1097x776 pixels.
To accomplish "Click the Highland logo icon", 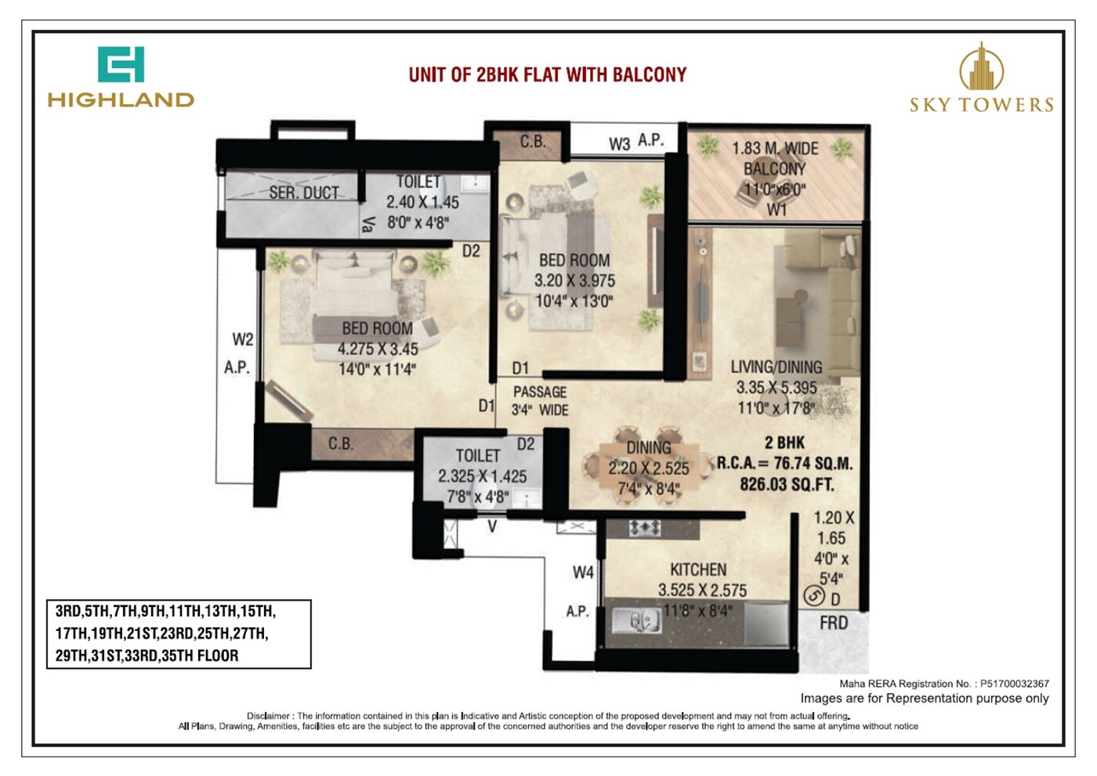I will (121, 64).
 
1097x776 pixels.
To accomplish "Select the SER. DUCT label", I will (304, 193).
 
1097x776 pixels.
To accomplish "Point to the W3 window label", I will (619, 144).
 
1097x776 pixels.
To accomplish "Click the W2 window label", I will (242, 340).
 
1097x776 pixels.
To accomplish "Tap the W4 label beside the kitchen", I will (583, 573).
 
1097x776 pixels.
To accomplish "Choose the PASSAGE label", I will (539, 392).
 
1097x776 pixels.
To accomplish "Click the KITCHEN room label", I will (697, 570).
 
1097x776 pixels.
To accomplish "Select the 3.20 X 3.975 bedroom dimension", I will (574, 281).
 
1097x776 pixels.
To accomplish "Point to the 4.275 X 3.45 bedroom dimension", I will (377, 349).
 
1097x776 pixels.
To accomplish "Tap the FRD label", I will (834, 623).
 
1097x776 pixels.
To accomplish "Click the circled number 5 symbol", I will (814, 597).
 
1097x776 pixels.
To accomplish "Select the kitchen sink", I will (635, 622).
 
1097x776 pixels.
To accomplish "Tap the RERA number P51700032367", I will (1014, 684).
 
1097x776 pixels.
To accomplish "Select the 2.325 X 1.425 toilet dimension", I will (482, 476).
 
